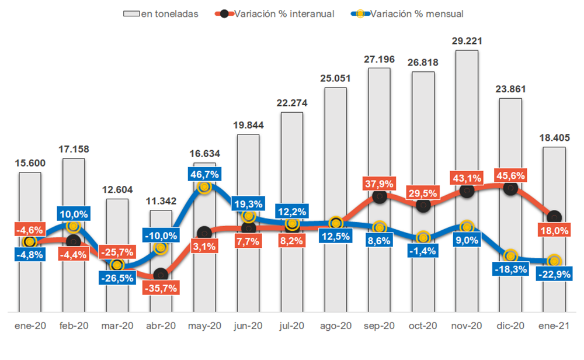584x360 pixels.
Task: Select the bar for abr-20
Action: [161, 292]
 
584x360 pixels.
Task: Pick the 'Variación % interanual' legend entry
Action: [276, 13]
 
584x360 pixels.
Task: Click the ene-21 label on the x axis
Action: [554, 326]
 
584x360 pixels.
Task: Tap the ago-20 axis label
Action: [335, 326]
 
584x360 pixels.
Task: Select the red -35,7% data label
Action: [161, 288]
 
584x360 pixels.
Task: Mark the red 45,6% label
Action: [510, 175]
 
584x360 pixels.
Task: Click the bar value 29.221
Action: [467, 41]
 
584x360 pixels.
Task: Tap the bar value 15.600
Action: [29, 163]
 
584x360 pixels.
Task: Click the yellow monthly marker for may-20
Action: [204, 187]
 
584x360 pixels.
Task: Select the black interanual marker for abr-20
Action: [161, 274]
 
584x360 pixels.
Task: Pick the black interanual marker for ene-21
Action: [554, 217]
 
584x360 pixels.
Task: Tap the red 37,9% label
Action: [379, 183]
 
